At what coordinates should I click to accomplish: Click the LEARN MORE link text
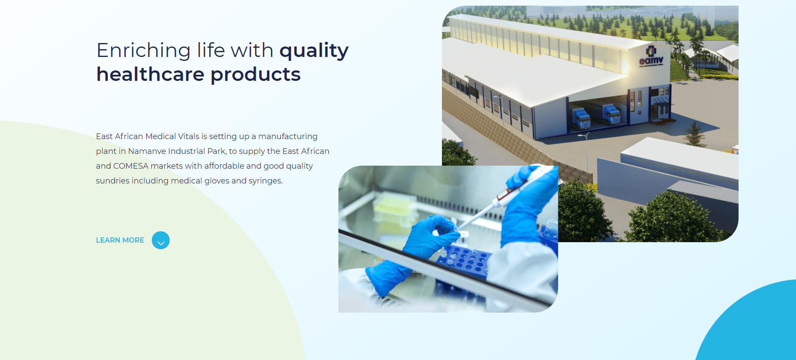pyautogui.click(x=120, y=240)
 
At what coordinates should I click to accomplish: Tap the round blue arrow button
pyautogui.click(x=161, y=240)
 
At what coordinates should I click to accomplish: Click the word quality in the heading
pyautogui.click(x=314, y=51)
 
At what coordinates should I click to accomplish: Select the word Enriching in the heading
pyautogui.click(x=144, y=51)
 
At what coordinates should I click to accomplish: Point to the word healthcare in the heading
pyautogui.click(x=150, y=74)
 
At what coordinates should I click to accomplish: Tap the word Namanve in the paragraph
pyautogui.click(x=147, y=151)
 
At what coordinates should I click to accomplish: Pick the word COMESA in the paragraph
pyautogui.click(x=130, y=166)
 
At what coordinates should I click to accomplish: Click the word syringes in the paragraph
pyautogui.click(x=265, y=181)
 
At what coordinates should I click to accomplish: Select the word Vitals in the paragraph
pyautogui.click(x=188, y=137)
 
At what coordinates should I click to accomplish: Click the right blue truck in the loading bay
pyautogui.click(x=611, y=114)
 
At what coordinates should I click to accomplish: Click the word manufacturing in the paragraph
pyautogui.click(x=288, y=137)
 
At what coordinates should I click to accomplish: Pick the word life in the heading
pyautogui.click(x=211, y=51)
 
